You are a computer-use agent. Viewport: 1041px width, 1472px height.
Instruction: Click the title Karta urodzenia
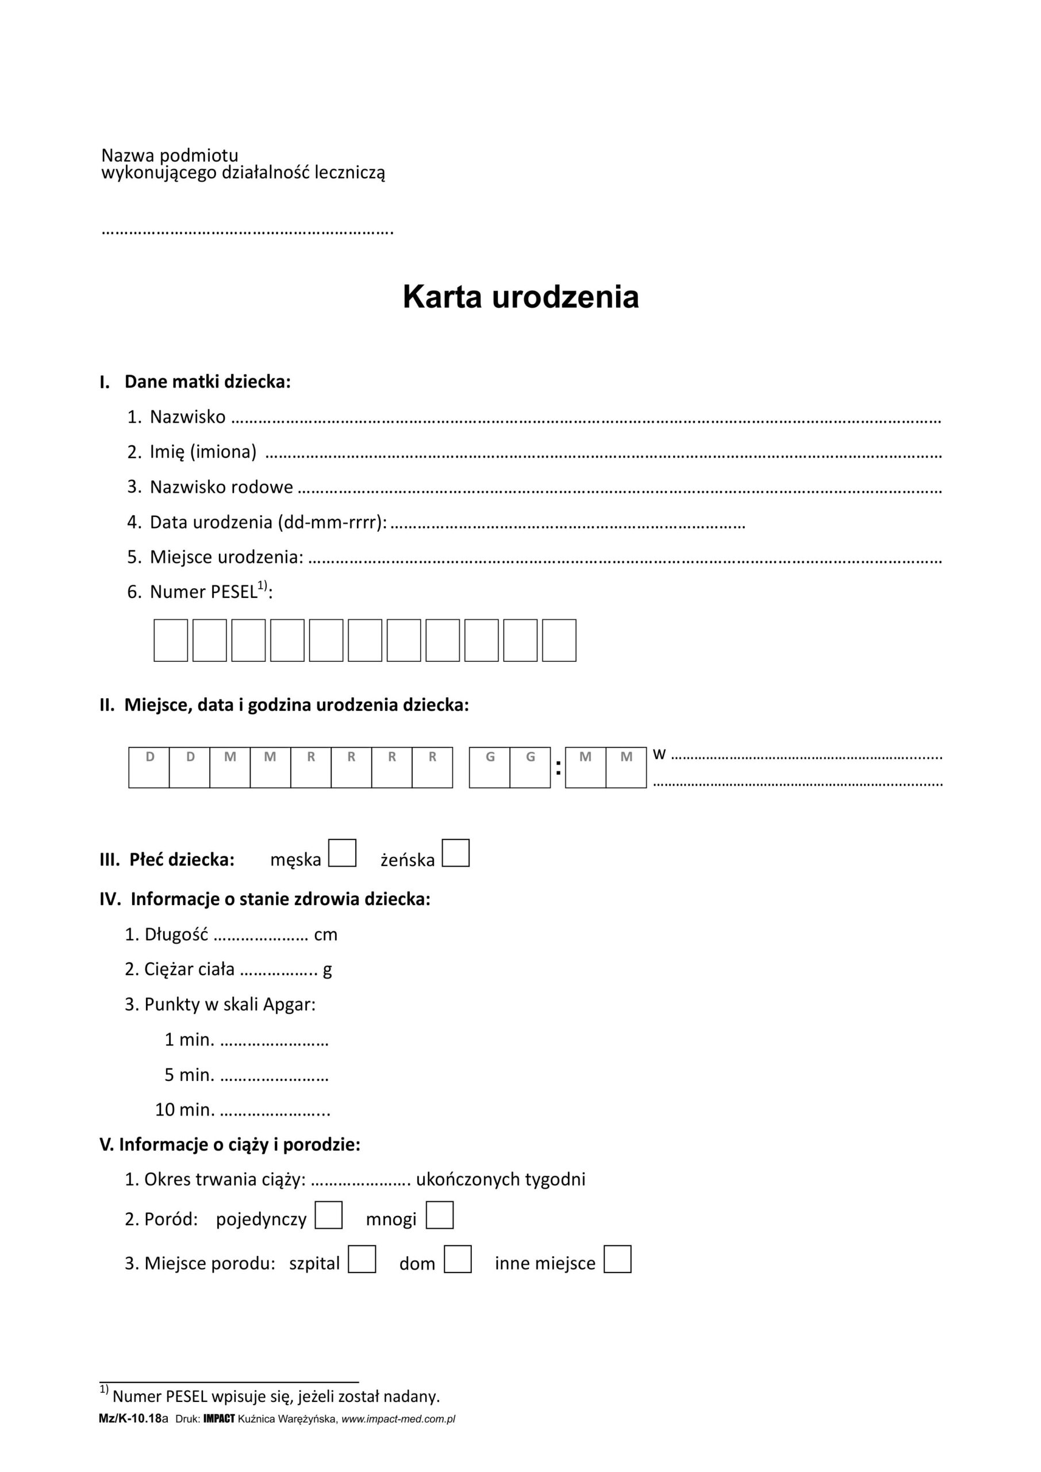pyautogui.click(x=521, y=297)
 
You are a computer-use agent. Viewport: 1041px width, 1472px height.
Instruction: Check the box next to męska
pyautogui.click(x=341, y=853)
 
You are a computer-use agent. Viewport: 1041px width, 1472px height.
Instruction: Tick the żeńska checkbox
pyautogui.click(x=456, y=853)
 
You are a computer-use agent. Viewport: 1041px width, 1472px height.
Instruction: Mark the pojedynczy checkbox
pyautogui.click(x=328, y=1215)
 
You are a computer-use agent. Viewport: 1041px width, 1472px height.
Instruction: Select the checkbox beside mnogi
pyautogui.click(x=440, y=1215)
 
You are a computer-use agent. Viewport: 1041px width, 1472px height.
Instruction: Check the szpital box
pyautogui.click(x=362, y=1259)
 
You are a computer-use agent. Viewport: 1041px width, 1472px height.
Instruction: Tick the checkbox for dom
pyautogui.click(x=458, y=1259)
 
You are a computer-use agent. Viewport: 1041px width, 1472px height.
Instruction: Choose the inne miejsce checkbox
pyautogui.click(x=617, y=1259)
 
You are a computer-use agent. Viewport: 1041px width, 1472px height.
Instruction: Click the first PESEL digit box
pyautogui.click(x=171, y=640)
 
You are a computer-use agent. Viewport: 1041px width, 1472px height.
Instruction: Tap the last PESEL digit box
pyautogui.click(x=559, y=640)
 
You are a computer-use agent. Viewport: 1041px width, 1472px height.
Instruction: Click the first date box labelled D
pyautogui.click(x=149, y=767)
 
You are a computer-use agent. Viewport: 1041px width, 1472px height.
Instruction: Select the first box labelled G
pyautogui.click(x=490, y=767)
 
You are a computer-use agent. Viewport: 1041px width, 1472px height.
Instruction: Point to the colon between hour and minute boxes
pyautogui.click(x=558, y=768)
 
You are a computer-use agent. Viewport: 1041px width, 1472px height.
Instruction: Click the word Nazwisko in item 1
pyautogui.click(x=187, y=417)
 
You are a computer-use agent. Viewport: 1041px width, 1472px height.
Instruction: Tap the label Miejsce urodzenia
pyautogui.click(x=226, y=557)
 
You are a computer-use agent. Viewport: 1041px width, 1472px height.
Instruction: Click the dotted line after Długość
pyautogui.click(x=261, y=936)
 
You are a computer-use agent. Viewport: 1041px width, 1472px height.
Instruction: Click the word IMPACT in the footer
pyautogui.click(x=218, y=1419)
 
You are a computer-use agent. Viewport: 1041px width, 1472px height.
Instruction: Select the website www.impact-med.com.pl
pyautogui.click(x=398, y=1419)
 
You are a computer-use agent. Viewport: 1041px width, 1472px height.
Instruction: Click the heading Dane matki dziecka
pyautogui.click(x=207, y=382)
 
